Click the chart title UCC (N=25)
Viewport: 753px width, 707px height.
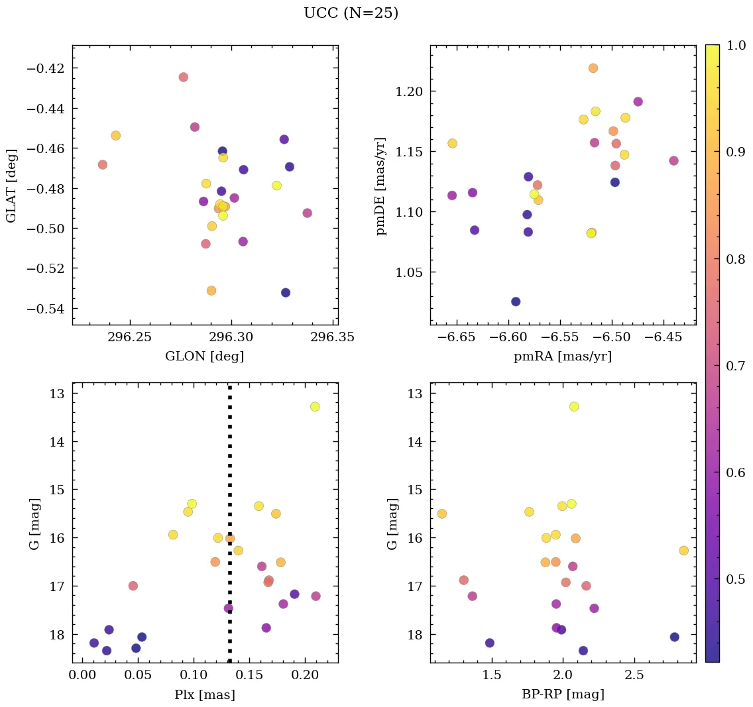pyautogui.click(x=351, y=13)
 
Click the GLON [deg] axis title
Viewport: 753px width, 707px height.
pyautogui.click(x=204, y=356)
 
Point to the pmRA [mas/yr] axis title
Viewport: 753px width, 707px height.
pyautogui.click(x=562, y=356)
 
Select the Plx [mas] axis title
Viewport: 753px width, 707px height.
pyautogui.click(x=204, y=694)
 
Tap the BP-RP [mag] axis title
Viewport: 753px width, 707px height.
pyautogui.click(x=562, y=694)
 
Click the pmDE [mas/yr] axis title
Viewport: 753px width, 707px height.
pyautogui.click(x=381, y=185)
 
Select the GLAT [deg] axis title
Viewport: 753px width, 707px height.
pyautogui.click(x=11, y=185)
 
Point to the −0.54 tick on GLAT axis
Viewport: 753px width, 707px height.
pyautogui.click(x=50, y=309)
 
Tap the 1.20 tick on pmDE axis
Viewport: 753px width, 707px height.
pyautogui.click(x=410, y=91)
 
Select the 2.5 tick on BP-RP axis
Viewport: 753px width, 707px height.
pyautogui.click(x=634, y=675)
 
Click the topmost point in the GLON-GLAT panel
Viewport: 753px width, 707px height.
pyautogui.click(x=184, y=77)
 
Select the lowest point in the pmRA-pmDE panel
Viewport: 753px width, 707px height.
pyautogui.click(x=516, y=301)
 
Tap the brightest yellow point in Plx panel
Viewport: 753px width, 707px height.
pyautogui.click(x=315, y=406)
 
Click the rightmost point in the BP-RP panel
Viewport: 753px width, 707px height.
pyautogui.click(x=684, y=551)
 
